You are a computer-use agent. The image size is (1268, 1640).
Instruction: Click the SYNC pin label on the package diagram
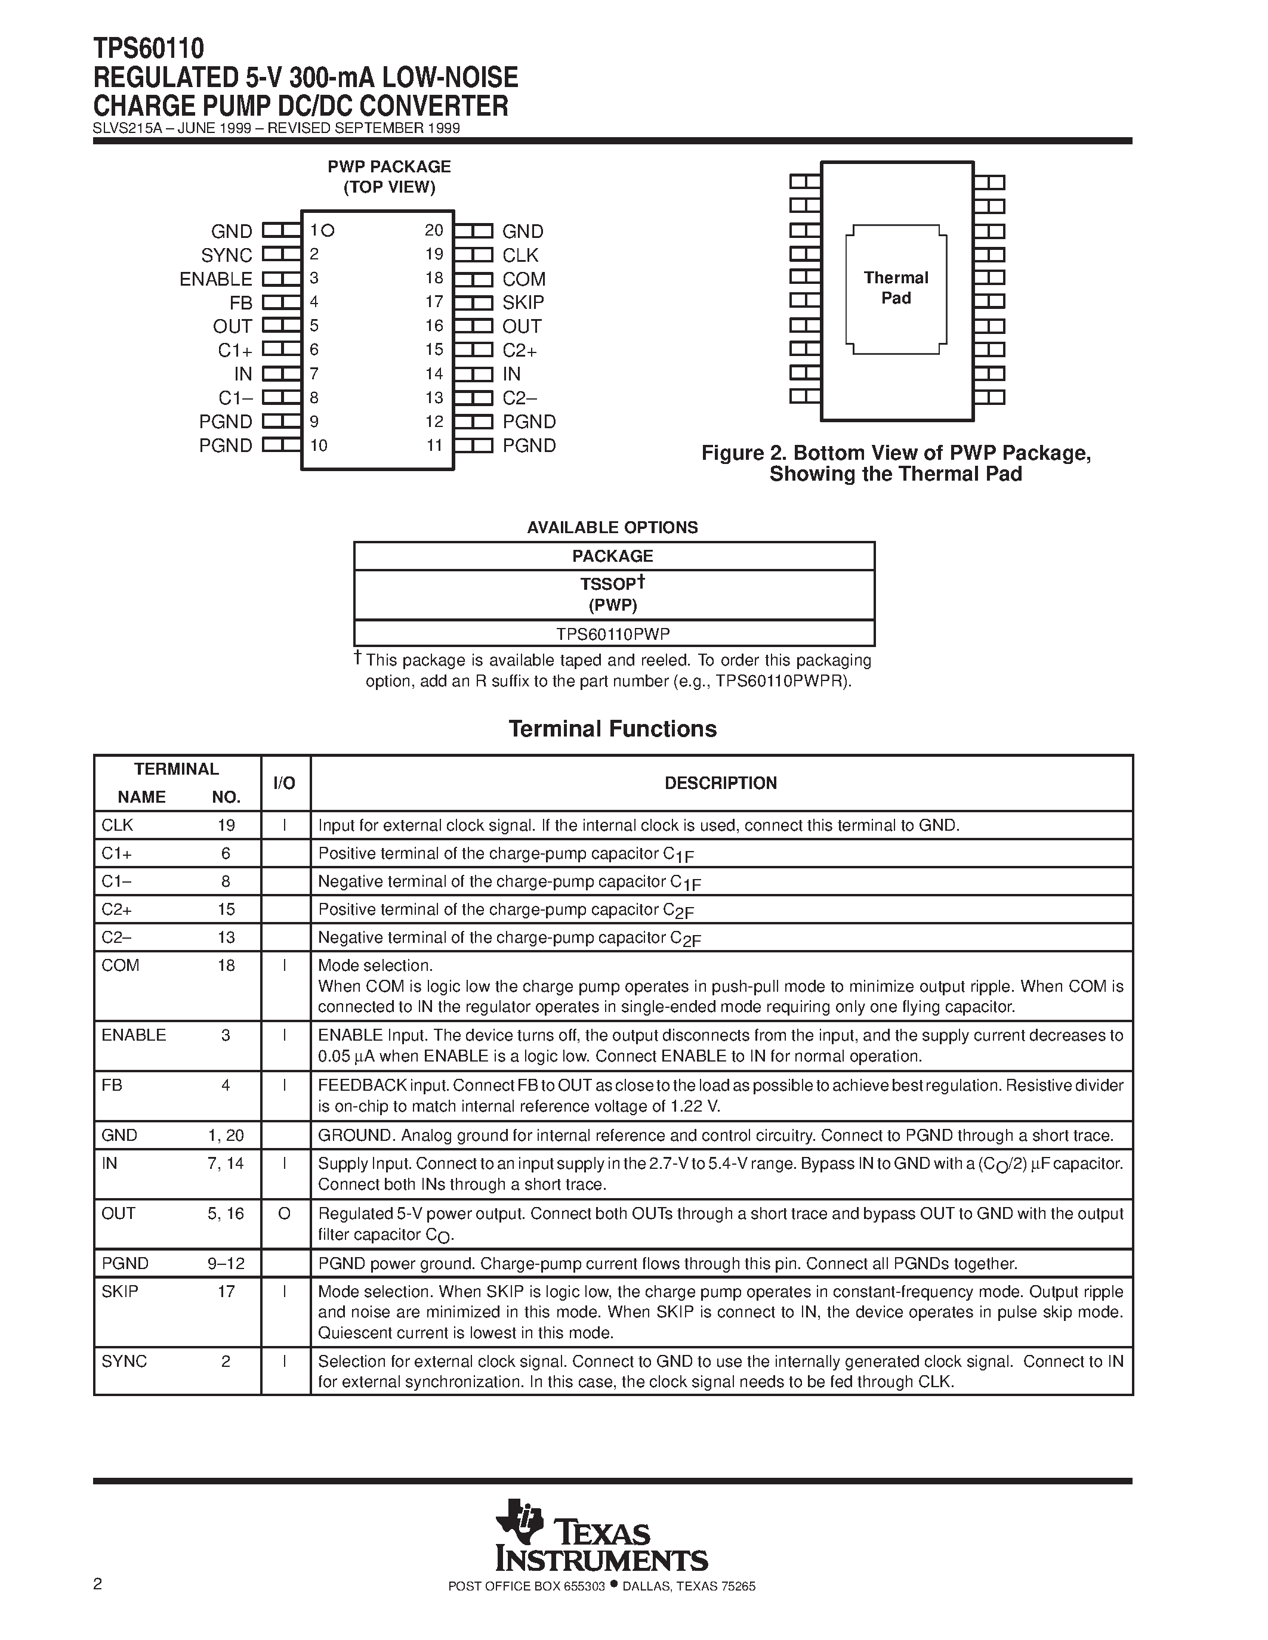coord(226,255)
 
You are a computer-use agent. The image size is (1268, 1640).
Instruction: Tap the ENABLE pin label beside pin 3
coord(215,279)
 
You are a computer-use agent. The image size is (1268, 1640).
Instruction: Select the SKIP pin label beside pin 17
coord(523,302)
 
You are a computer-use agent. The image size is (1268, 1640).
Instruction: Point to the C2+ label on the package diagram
coord(520,351)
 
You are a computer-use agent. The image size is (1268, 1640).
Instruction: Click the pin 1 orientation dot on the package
coord(328,231)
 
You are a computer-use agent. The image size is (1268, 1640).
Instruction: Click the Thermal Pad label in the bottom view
coord(896,287)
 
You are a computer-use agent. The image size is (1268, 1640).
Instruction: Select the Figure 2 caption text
coord(896,463)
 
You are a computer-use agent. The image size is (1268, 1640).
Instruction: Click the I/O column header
coord(284,783)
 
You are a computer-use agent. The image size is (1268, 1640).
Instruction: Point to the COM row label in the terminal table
coord(120,966)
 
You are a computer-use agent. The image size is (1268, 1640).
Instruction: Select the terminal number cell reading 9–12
coord(226,1264)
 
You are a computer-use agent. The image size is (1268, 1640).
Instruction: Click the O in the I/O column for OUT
coord(284,1214)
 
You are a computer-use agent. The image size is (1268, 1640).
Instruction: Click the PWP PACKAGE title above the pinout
coord(389,168)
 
